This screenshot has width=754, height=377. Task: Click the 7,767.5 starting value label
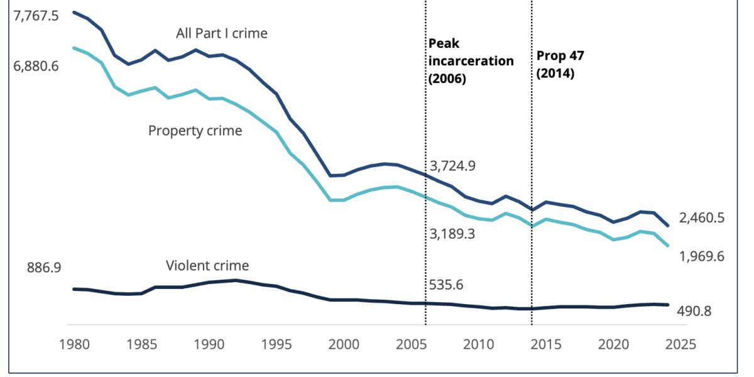click(x=36, y=15)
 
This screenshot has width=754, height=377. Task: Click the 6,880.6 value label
click(x=36, y=65)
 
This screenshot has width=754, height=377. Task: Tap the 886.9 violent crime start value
click(x=44, y=268)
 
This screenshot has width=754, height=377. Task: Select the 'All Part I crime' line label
click(x=222, y=33)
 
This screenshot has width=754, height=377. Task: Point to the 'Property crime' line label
click(x=195, y=131)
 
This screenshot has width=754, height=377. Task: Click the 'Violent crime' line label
click(x=207, y=265)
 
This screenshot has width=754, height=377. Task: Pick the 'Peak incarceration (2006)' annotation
click(x=471, y=61)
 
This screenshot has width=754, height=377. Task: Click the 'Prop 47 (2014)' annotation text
click(x=560, y=63)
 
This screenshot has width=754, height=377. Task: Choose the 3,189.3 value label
click(x=452, y=234)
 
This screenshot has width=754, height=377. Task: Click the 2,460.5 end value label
click(x=702, y=218)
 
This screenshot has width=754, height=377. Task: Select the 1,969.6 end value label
click(x=702, y=256)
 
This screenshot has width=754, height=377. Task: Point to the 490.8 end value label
click(x=694, y=310)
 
